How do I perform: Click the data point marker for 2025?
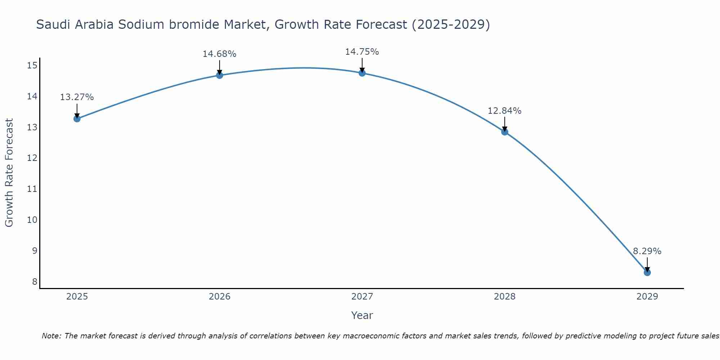coord(77,118)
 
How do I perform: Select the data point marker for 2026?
coord(219,75)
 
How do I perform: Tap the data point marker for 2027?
coord(362,73)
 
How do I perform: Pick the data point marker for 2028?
coord(504,132)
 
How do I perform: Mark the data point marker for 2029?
coord(647,273)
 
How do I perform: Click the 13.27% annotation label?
coord(77,97)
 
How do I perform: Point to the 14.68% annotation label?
coord(219,54)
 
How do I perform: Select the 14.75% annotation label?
coord(362,52)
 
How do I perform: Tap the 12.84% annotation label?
coord(504,111)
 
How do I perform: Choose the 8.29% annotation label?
coord(647,251)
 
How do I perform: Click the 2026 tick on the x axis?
coord(219,297)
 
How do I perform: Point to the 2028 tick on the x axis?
coord(504,297)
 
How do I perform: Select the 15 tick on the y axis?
coord(32,66)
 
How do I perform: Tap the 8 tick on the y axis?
coord(35,282)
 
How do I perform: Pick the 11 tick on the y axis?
coord(32,189)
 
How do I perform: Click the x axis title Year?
coord(362,315)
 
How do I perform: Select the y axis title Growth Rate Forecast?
coord(9,172)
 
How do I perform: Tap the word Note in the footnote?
coord(51,336)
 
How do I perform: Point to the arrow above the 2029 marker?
coord(647,265)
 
